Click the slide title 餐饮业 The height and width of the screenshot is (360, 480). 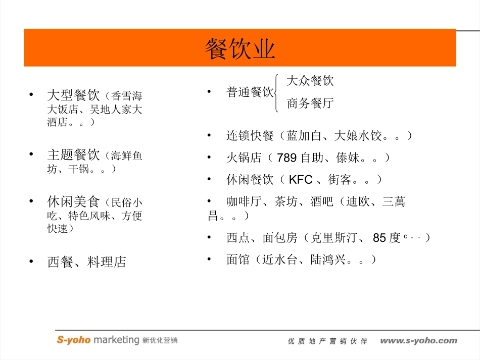click(240, 49)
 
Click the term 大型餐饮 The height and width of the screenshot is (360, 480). click(73, 95)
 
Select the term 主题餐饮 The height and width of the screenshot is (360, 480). click(73, 155)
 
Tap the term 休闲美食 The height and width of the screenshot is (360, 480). click(73, 202)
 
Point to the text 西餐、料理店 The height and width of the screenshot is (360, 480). click(86, 262)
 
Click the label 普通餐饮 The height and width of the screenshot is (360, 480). click(250, 92)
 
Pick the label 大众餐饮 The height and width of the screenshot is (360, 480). click(310, 81)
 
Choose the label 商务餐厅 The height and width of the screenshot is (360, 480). click(310, 104)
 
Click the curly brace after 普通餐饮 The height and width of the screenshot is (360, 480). click(276, 92)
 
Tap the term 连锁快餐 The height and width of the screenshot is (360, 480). click(250, 136)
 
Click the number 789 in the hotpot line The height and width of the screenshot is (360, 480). click(286, 158)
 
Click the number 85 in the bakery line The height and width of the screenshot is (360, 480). click(379, 238)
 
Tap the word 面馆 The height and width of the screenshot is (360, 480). click(238, 260)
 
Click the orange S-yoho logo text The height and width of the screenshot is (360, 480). click(73, 340)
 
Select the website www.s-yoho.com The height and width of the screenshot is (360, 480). click(418, 341)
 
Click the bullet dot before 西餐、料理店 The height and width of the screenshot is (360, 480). click(32, 262)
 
